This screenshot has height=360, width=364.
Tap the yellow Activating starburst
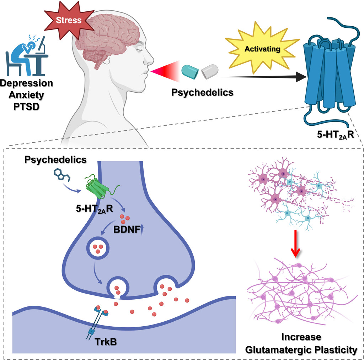(262, 49)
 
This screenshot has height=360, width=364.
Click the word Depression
(27, 83)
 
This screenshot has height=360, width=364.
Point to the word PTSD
(26, 106)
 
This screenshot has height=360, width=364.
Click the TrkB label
(105, 342)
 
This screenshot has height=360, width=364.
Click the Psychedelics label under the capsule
(202, 93)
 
